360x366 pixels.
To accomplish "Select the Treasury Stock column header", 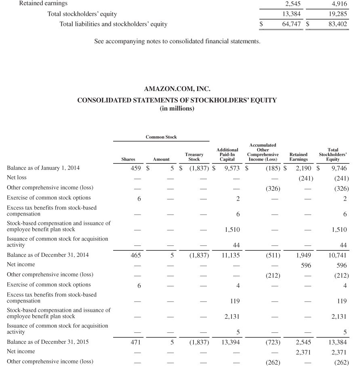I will pyautogui.click(x=194, y=157).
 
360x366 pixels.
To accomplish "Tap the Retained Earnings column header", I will pyautogui.click(x=299, y=157).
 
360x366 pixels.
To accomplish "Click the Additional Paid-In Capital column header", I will pyautogui.click(x=227, y=154).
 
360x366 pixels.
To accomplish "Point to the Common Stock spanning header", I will pyautogui.click(x=161, y=137).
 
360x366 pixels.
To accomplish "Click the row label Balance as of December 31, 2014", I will pyautogui.click(x=48, y=255).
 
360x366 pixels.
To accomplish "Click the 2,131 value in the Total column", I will pyautogui.click(x=339, y=317).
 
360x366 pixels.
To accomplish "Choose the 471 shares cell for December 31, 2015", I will pyautogui.click(x=130, y=343).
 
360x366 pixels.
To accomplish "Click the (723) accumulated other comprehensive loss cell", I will pyautogui.click(x=273, y=343).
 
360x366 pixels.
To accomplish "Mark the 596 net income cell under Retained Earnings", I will pyautogui.click(x=306, y=265).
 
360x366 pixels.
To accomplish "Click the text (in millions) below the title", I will pyautogui.click(x=177, y=109).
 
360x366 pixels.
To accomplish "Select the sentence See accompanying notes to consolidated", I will pyautogui.click(x=177, y=41).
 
